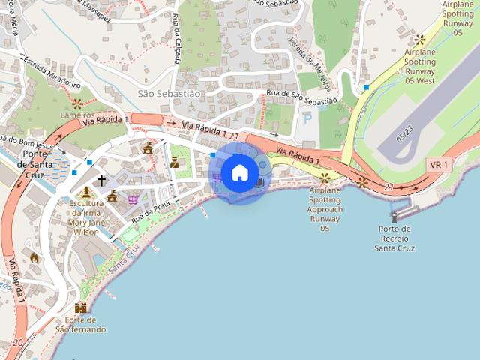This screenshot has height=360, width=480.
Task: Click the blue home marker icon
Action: tap(239, 173)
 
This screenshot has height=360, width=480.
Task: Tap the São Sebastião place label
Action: tap(169, 94)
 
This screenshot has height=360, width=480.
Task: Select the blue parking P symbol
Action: tap(307, 118)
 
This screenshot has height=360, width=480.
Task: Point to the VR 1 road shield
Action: tap(439, 164)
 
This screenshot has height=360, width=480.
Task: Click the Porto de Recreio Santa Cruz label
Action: tap(394, 238)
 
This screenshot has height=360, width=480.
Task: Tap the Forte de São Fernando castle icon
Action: tap(80, 307)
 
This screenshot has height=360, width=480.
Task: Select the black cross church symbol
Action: tap(101, 181)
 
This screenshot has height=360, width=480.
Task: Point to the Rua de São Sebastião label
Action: tap(301, 97)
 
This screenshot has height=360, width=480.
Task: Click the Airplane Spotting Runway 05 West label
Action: tap(420, 67)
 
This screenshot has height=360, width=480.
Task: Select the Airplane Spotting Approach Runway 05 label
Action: tap(325, 209)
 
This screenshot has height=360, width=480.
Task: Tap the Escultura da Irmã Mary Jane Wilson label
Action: tap(84, 217)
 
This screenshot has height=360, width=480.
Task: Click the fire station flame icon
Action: tap(34, 257)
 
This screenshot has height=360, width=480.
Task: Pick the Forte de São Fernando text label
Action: tap(80, 324)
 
